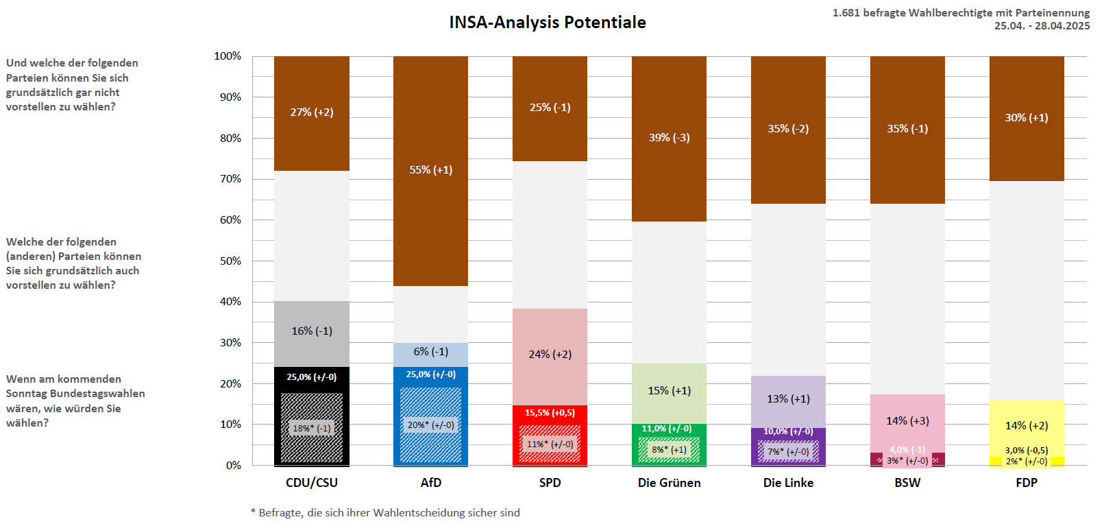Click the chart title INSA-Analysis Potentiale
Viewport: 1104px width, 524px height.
point(547,23)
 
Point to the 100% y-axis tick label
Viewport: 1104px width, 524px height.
point(228,56)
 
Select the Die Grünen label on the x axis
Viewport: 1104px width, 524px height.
point(669,483)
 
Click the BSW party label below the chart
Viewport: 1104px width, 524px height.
point(907,483)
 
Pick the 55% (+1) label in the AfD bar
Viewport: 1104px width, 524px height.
point(430,170)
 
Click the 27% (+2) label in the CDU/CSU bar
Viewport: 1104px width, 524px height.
point(312,112)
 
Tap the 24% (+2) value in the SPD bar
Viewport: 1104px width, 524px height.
point(550,355)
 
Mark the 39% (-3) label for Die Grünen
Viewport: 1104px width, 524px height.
point(669,138)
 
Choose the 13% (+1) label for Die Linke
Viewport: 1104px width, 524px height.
point(788,399)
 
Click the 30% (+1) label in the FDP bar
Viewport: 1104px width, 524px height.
point(1027,118)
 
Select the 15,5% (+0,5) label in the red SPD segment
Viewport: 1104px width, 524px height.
point(550,413)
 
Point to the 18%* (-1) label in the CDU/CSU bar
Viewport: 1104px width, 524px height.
point(312,429)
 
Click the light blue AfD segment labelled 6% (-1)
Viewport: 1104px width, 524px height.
point(430,352)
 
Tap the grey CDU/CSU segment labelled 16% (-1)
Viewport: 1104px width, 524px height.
point(312,331)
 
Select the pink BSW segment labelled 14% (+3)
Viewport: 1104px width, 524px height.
point(907,421)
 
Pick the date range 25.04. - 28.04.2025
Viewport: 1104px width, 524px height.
point(1042,26)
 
